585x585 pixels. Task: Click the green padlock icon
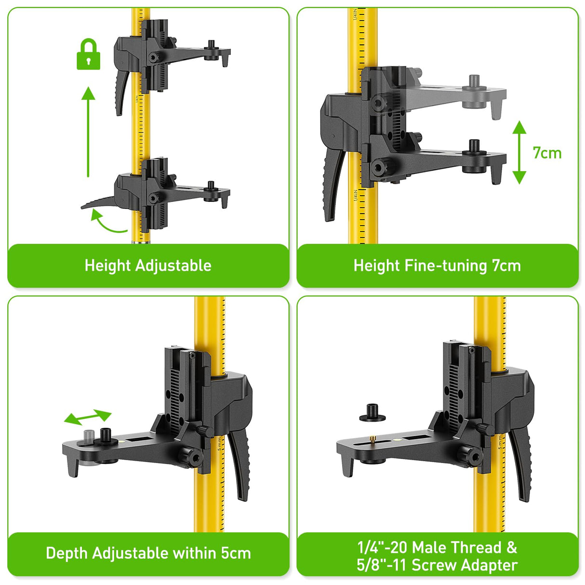click(x=89, y=54)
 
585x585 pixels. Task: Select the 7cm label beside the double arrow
click(x=547, y=153)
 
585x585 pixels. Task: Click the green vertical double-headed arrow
click(x=519, y=152)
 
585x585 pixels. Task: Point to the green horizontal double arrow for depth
click(x=88, y=417)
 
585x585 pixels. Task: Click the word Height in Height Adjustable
click(x=106, y=266)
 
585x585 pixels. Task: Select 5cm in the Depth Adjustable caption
click(x=236, y=553)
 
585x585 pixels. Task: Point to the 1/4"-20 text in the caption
click(x=383, y=547)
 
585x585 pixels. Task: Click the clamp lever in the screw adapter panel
click(x=521, y=463)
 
